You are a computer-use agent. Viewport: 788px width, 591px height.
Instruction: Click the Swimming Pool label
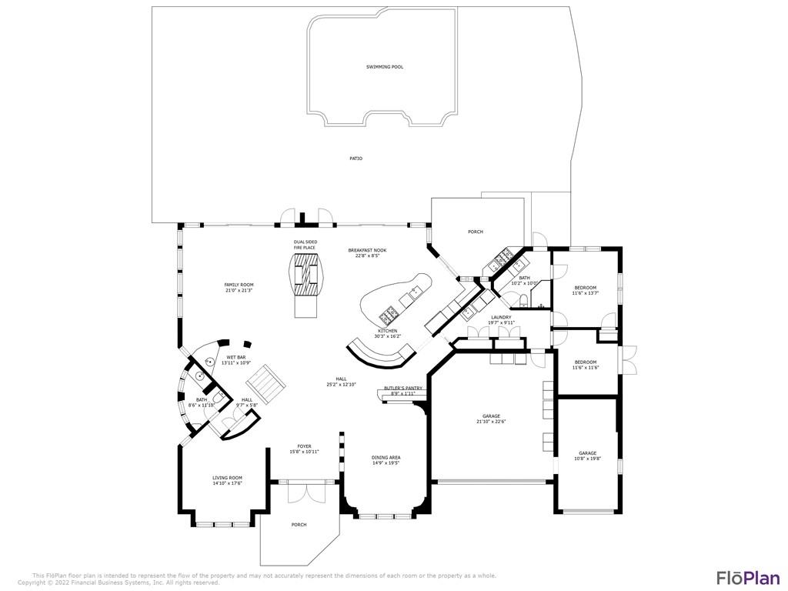tap(384, 67)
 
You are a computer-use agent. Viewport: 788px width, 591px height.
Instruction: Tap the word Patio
tap(356, 159)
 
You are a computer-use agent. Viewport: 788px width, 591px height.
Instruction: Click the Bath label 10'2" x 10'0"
tap(524, 280)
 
